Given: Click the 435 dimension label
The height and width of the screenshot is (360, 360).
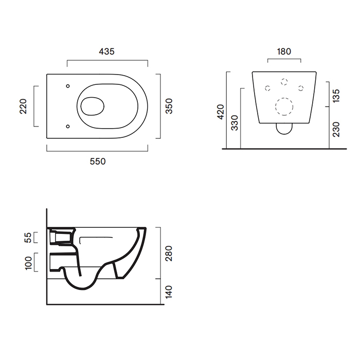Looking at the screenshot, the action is pos(106,51).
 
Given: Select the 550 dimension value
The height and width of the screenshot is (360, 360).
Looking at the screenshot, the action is pos(98,161).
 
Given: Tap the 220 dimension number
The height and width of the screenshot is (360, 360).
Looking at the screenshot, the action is pos(23,106).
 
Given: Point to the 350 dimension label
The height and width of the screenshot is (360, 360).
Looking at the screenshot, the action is pos(169,106).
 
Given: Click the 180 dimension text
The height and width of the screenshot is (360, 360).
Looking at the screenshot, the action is pos(284,51).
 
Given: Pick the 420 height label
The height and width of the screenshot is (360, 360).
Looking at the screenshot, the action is pos(221,112).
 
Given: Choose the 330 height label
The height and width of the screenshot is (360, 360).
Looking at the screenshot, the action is pos(235,123).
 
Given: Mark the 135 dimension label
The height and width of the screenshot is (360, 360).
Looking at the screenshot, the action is pos(336,96).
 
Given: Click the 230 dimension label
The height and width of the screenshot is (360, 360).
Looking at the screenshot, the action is pos(336,130).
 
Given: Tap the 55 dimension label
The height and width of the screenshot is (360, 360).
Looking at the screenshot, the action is pos(28,238).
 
